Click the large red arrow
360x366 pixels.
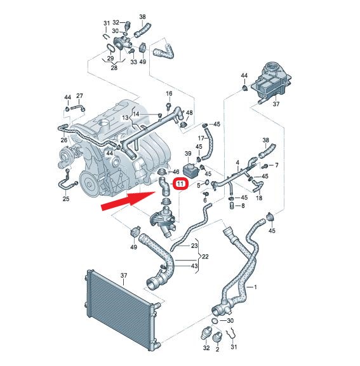point(128,201)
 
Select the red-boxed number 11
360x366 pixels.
point(180,184)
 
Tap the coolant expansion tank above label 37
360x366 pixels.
point(271,81)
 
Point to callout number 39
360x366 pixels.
point(188,153)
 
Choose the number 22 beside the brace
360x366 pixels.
point(205,257)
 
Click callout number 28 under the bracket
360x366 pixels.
point(114,68)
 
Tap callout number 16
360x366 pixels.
point(169,93)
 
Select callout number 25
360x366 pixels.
point(66,199)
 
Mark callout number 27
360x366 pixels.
point(79,96)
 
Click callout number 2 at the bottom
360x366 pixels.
point(218,349)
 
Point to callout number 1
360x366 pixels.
point(255,287)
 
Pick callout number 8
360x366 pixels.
point(243,206)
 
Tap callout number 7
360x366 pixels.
point(277,165)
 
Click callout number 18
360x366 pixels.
point(259,198)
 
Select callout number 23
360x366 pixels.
point(194,245)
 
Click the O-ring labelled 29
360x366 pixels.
point(110,48)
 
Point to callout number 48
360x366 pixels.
point(189,112)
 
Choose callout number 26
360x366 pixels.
point(63,140)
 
